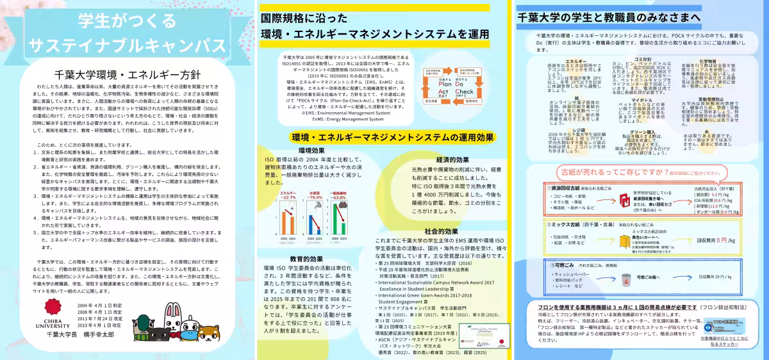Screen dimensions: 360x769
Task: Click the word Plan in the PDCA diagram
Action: point(447,83)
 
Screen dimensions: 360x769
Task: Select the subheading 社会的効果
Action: point(442,231)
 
